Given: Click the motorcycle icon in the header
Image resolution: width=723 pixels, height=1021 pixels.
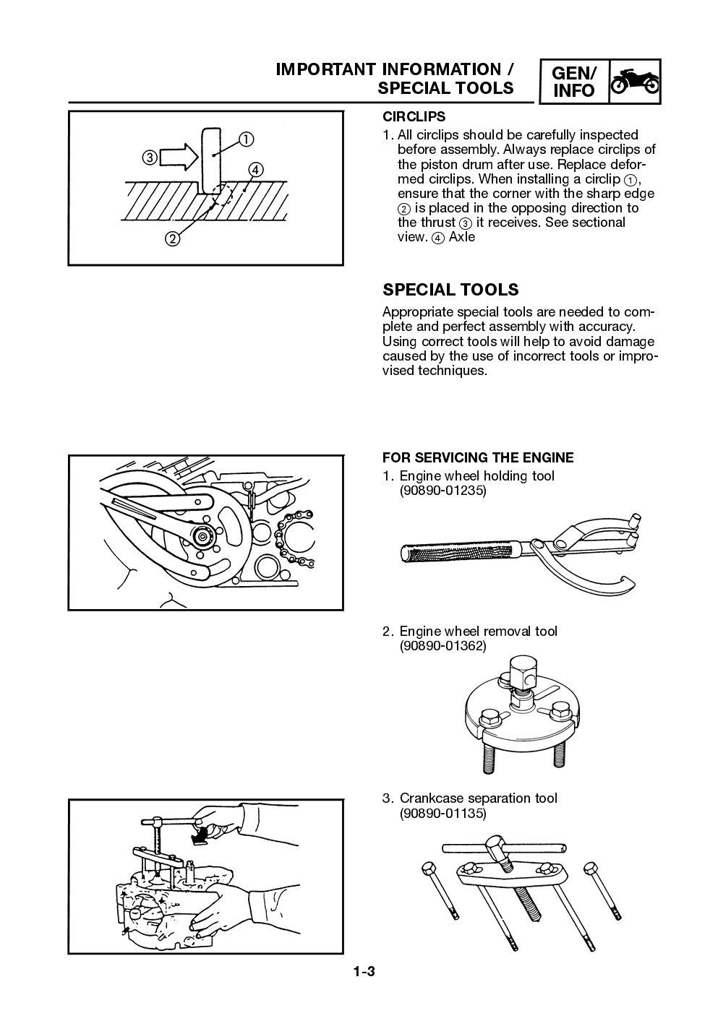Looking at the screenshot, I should click(x=634, y=82).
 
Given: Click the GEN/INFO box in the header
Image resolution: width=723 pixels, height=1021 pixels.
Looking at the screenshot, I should click(x=573, y=82).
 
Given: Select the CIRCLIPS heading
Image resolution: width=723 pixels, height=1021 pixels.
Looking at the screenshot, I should click(x=414, y=116).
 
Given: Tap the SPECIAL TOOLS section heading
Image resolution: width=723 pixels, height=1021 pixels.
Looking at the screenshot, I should click(x=450, y=290).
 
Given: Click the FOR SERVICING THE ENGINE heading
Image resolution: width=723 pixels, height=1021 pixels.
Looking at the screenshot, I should click(x=477, y=457).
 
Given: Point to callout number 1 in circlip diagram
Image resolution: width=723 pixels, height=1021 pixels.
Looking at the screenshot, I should click(x=246, y=139).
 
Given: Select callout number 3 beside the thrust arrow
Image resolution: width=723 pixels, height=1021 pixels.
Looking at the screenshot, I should click(x=148, y=157).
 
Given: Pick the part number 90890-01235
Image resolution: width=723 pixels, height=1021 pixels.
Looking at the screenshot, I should click(x=442, y=491).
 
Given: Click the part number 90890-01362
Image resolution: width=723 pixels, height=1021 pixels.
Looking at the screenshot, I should click(x=442, y=646).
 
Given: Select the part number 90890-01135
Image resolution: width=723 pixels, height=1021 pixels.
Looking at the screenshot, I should click(x=442, y=813).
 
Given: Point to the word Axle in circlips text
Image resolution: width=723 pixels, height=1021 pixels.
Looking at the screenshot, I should click(x=462, y=237).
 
